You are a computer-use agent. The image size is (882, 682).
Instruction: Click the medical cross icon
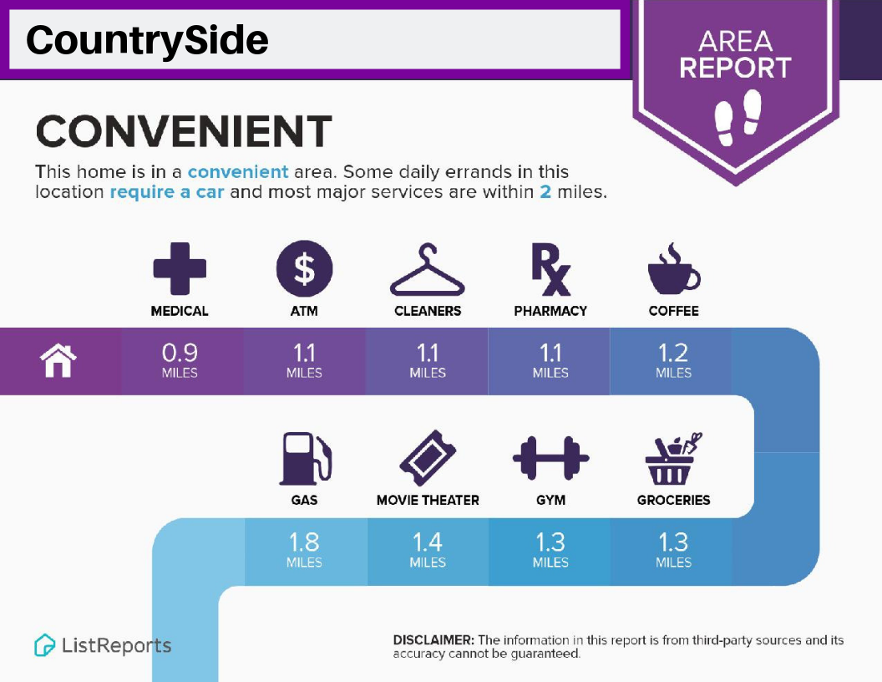click(x=180, y=268)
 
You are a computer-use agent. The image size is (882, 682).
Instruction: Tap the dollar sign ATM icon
click(x=304, y=268)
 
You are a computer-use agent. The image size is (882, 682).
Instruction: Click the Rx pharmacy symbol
click(x=551, y=269)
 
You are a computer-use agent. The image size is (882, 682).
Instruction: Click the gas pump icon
click(x=306, y=459)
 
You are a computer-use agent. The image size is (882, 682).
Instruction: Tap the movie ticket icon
click(x=428, y=458)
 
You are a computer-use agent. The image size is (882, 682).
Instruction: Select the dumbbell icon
click(x=550, y=458)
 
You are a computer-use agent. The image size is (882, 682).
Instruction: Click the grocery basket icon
click(x=673, y=459)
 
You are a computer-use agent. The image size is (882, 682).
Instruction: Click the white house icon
click(x=58, y=361)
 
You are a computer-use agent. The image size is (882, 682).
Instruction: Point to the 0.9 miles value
click(x=180, y=361)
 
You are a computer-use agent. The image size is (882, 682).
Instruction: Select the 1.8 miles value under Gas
click(x=304, y=550)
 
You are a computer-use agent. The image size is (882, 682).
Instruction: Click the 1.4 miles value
click(x=428, y=550)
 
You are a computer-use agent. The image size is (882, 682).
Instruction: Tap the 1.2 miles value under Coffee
click(x=673, y=361)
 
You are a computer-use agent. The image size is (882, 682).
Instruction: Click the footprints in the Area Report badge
click(x=737, y=117)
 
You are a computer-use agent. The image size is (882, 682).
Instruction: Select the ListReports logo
click(x=103, y=645)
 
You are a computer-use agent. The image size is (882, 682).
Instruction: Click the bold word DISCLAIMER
click(x=433, y=640)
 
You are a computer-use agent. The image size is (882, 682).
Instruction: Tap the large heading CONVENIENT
click(x=184, y=130)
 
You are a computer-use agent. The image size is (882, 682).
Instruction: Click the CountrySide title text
click(x=147, y=40)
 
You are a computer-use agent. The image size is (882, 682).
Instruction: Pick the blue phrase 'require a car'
click(x=167, y=192)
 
